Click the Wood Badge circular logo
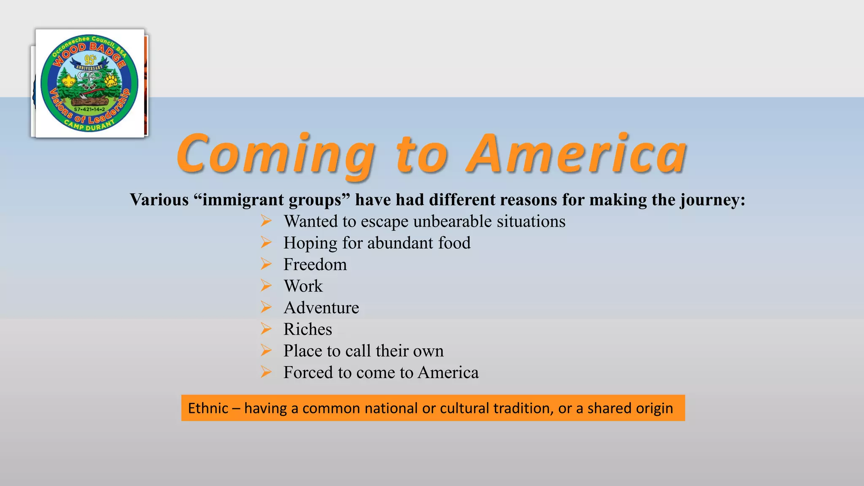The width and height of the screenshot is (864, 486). click(89, 83)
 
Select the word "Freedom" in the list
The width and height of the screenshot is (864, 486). click(315, 265)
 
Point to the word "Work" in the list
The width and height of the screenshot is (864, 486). click(303, 286)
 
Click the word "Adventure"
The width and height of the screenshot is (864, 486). click(321, 308)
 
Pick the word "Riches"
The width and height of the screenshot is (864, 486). click(308, 329)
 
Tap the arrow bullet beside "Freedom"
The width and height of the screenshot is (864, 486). click(266, 264)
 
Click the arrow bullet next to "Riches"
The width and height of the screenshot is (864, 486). click(266, 329)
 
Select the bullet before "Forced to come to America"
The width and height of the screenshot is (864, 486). click(266, 372)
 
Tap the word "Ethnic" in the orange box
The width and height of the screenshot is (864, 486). click(208, 408)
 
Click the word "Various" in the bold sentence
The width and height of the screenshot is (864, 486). click(159, 200)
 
